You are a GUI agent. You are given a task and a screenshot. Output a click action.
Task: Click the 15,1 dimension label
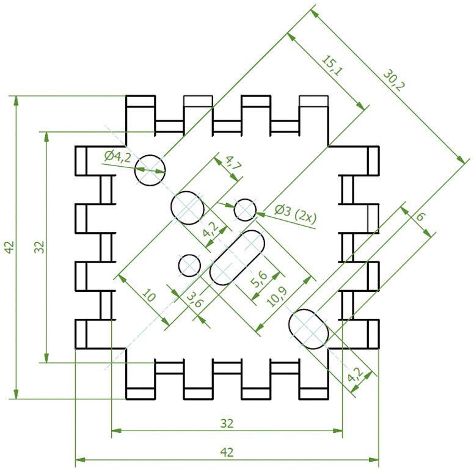pos(330,65)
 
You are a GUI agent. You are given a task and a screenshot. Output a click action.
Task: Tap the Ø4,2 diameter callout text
pos(117,157)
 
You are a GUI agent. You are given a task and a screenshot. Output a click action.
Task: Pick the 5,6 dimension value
pos(258,279)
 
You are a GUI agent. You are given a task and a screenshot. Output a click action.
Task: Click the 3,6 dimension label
pos(194,300)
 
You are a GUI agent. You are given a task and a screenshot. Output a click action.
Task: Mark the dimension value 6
pos(420,217)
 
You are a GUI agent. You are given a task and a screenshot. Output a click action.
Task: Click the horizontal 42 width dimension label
pos(227,453)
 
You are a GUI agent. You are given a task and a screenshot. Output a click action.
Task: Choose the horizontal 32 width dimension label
pos(227,423)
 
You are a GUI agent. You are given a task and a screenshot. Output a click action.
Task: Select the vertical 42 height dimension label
pos(8,247)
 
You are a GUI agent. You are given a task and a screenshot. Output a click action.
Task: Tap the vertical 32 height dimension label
pos(38,247)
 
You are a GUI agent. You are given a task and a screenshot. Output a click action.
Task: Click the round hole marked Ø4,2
pos(150,169)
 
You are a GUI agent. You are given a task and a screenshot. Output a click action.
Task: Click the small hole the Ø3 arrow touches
pos(245,209)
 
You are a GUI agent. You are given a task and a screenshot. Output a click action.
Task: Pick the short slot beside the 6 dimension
pos(309,329)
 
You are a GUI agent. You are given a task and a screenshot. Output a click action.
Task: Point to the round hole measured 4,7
pos(187,208)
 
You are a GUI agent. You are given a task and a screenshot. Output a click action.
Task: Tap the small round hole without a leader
pos(190,265)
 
